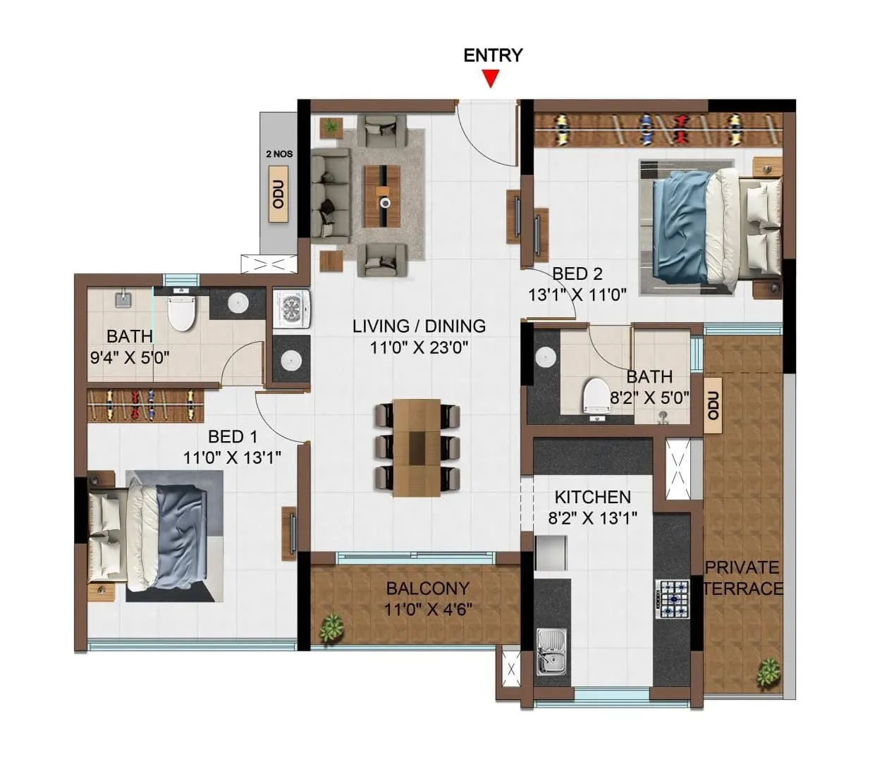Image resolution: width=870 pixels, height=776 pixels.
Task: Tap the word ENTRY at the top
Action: tap(493, 55)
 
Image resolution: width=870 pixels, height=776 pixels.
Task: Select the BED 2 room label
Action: tap(577, 273)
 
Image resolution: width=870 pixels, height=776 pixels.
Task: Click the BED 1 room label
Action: tap(232, 437)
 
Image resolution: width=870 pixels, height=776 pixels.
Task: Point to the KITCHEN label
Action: tap(592, 497)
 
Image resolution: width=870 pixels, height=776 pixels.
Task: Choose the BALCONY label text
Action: tap(427, 588)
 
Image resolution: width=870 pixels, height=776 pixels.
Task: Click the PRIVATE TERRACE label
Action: tap(742, 577)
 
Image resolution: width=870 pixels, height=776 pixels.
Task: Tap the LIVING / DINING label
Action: tap(419, 326)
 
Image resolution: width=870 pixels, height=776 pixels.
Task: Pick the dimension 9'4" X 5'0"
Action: tap(130, 357)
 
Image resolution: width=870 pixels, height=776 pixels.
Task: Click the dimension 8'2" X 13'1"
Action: tap(592, 518)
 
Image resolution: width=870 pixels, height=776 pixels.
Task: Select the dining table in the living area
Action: tap(417, 447)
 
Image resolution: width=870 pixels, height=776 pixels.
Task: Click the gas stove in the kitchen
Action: tap(672, 598)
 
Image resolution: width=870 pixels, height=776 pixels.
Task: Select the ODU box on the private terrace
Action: tap(713, 406)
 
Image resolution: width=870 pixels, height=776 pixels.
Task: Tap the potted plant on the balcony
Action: tap(329, 628)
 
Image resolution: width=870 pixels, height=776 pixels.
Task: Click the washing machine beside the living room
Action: tap(290, 308)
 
